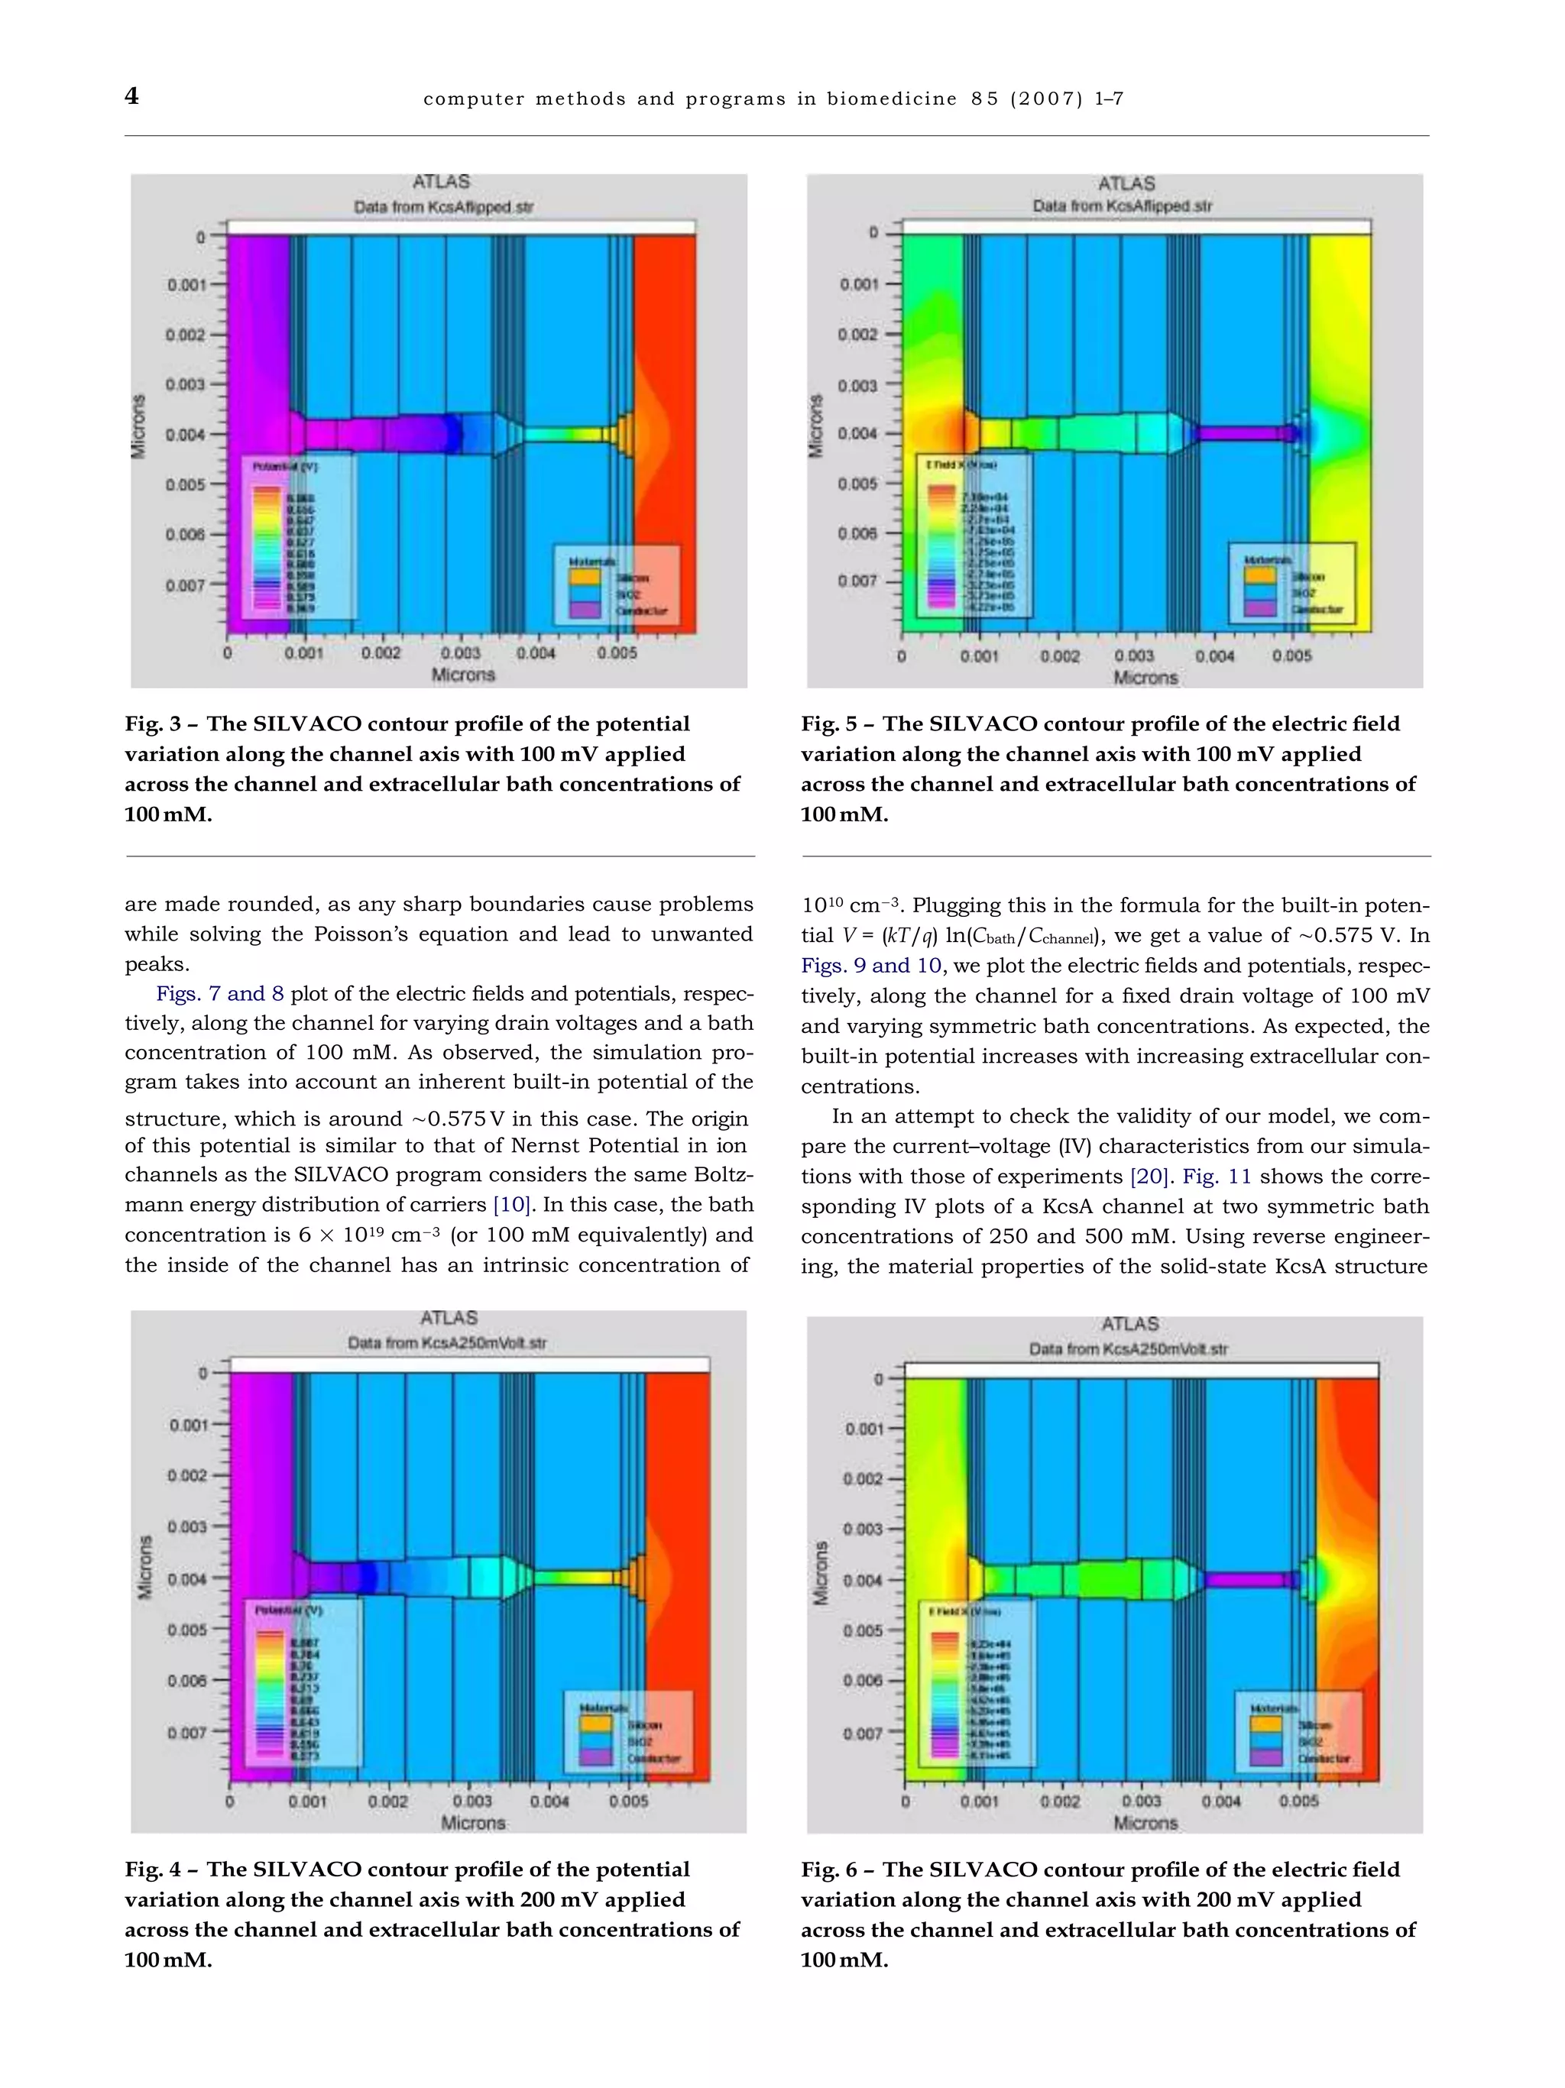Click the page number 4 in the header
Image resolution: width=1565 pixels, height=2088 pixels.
tap(132, 96)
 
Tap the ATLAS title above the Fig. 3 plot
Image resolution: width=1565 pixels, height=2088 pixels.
tap(441, 181)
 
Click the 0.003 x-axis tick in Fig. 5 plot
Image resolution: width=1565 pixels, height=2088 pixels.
tap(1134, 656)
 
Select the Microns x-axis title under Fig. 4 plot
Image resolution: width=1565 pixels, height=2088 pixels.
tap(474, 1823)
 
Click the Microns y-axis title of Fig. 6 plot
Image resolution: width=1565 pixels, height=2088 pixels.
tap(821, 1574)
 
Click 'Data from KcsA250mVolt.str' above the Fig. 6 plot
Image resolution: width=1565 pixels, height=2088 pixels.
tap(1128, 1349)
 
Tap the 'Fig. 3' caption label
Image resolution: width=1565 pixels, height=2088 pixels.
tap(153, 724)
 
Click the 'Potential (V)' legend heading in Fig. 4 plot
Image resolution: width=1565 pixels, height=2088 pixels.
tap(289, 1610)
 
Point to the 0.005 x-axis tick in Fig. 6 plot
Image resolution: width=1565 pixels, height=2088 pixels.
tap(1299, 1801)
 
